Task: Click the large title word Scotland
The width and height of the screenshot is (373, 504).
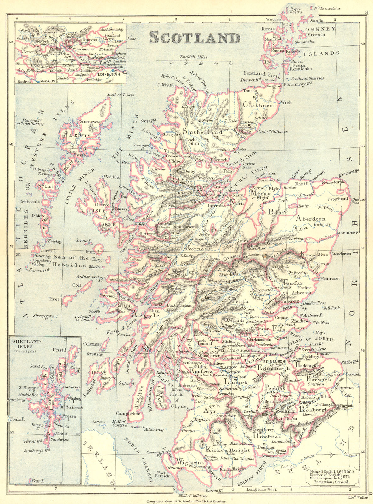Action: (x=195, y=38)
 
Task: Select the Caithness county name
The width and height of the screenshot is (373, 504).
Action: (x=260, y=106)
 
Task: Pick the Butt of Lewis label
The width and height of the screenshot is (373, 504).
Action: (x=121, y=95)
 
